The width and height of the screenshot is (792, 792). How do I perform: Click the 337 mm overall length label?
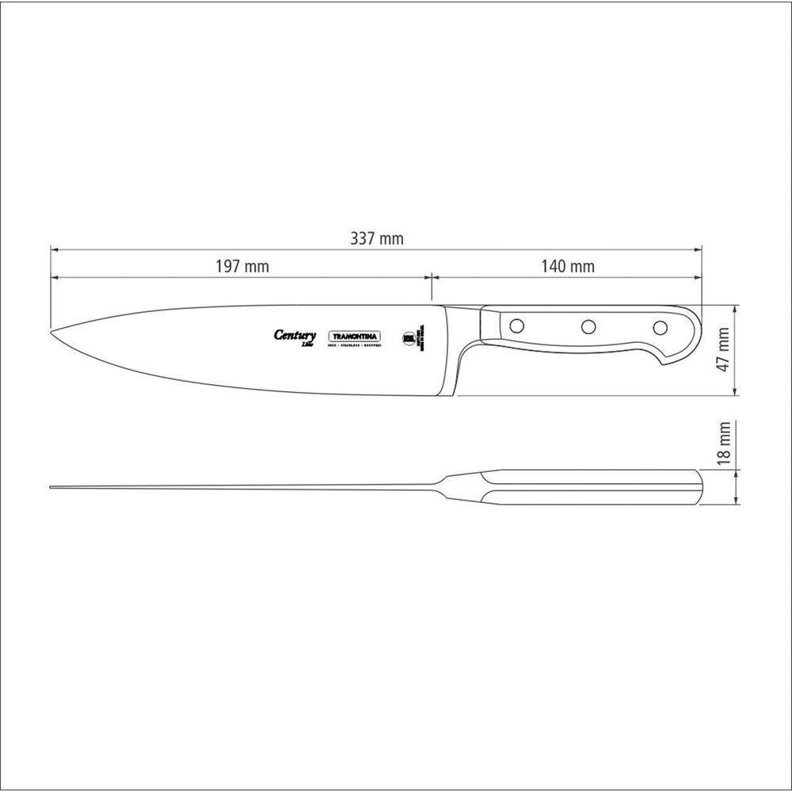click(x=377, y=238)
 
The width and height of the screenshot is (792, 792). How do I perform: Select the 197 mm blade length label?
click(x=242, y=267)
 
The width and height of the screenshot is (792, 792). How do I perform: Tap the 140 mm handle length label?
click(x=568, y=267)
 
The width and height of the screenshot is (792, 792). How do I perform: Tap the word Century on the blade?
click(x=295, y=335)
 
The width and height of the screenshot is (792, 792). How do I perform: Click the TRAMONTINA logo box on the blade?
click(x=355, y=336)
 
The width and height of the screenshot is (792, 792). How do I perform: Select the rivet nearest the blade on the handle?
click(x=516, y=325)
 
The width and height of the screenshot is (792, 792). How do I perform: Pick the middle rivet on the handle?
click(x=588, y=326)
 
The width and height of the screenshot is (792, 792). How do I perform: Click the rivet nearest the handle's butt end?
click(x=660, y=326)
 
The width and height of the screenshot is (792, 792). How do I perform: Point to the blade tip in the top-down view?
click(x=52, y=487)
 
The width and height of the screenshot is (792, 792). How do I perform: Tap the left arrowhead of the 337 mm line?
click(x=55, y=249)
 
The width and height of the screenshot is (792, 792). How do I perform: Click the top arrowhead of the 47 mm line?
click(x=737, y=309)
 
